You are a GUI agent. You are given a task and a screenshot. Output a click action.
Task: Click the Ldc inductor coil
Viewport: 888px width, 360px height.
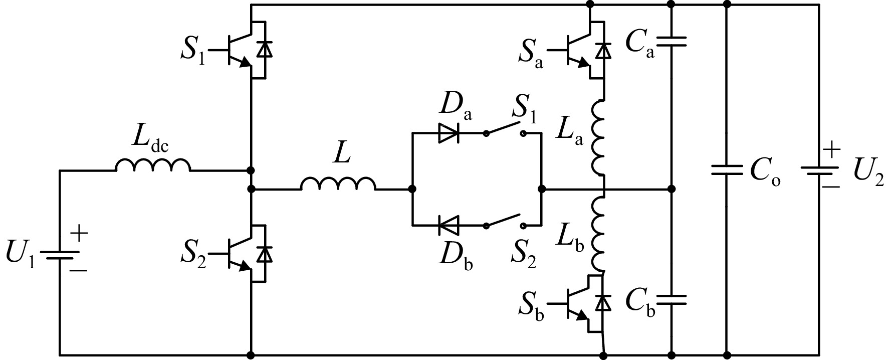(x=153, y=165)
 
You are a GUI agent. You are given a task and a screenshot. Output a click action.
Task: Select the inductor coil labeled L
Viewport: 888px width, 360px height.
(x=338, y=184)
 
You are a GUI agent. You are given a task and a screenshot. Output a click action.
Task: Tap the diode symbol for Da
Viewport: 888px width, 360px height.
(x=449, y=133)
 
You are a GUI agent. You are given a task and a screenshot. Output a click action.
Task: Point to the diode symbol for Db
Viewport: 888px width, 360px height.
(x=449, y=225)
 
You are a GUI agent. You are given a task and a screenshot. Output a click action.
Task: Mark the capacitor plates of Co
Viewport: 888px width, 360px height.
(x=727, y=170)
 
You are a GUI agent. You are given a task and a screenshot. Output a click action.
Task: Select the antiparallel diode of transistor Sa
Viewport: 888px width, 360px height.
(x=605, y=50)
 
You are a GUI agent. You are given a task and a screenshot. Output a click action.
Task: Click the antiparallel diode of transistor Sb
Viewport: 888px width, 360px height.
(x=605, y=303)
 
